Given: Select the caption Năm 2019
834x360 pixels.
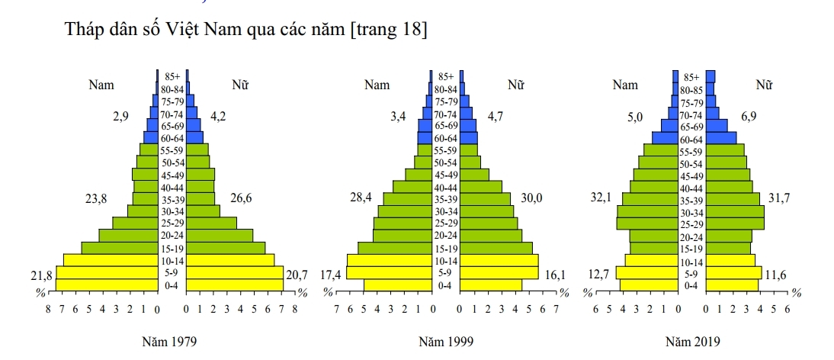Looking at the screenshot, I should [691, 342].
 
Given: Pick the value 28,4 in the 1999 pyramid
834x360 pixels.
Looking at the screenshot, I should [360, 198].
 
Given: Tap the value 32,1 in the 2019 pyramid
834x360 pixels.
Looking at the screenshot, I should [602, 198].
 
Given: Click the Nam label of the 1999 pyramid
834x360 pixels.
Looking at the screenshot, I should [377, 85].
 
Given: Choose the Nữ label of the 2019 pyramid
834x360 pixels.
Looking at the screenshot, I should [764, 85].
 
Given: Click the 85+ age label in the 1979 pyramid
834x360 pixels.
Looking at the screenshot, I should [172, 76].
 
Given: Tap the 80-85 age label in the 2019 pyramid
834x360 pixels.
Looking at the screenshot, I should [691, 90].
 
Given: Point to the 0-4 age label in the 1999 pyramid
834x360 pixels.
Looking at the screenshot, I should [446, 285].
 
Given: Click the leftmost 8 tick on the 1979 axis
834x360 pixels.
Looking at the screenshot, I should [48, 310].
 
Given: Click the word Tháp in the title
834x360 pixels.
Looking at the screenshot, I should [84, 31].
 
